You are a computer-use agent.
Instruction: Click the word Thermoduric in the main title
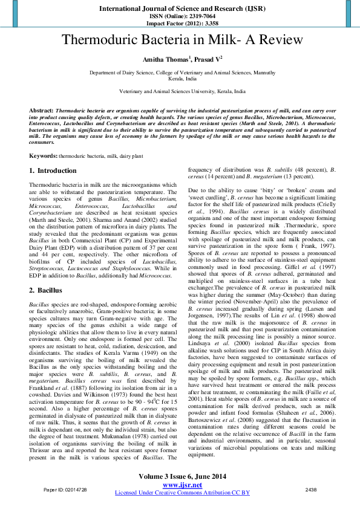pyautogui.click(x=100, y=41)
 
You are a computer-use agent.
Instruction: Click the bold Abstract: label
pyautogui.click(x=42, y=111)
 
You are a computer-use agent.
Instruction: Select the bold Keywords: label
pyautogui.click(x=44, y=156)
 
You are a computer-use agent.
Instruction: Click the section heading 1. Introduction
pyautogui.click(x=53, y=170)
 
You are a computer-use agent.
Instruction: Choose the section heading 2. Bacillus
pyautogui.click(x=47, y=290)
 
